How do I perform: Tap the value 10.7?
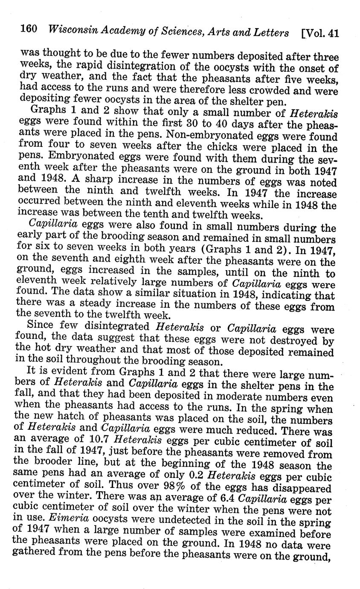tap(101, 441)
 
